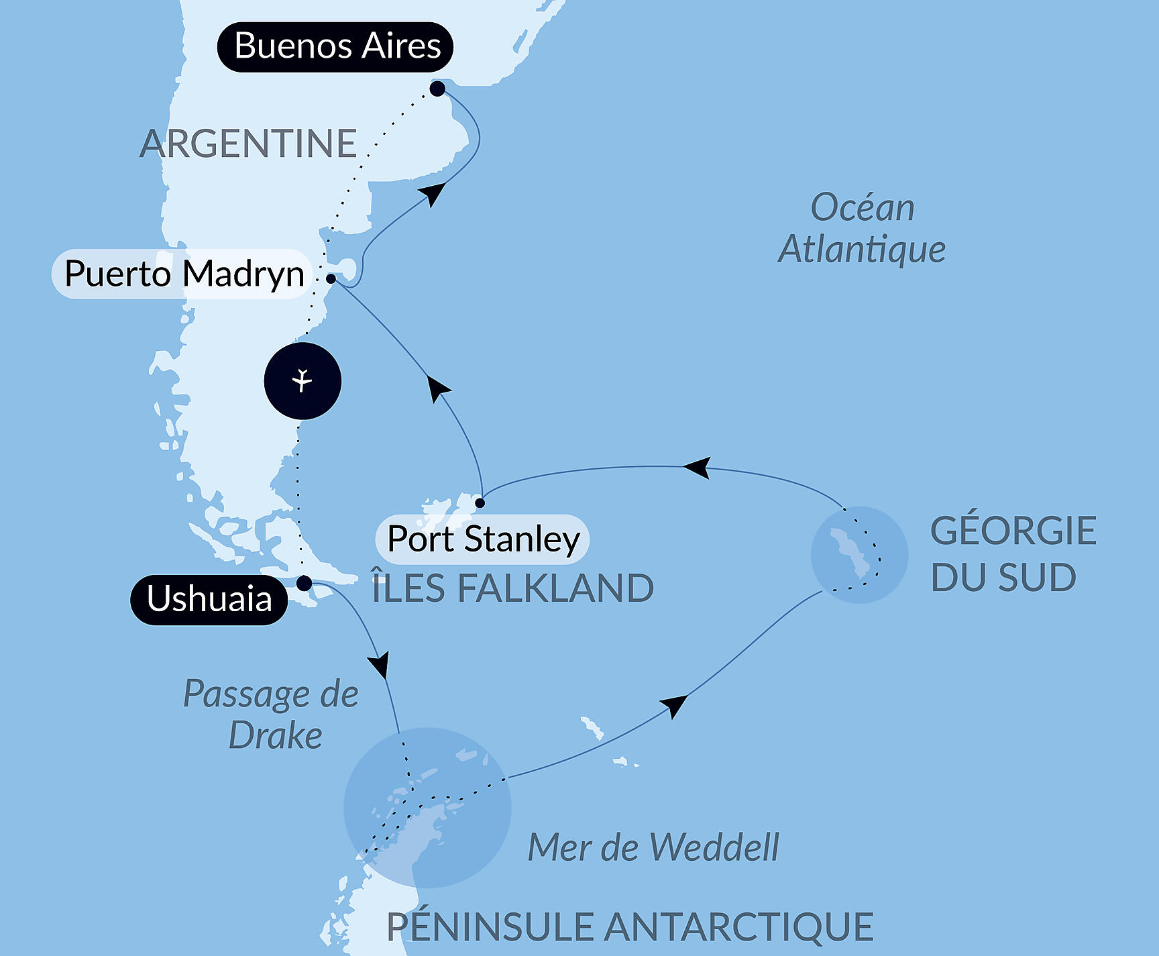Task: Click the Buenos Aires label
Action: coord(335,46)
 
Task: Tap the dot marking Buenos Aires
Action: coord(437,89)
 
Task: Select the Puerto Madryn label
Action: coord(183,274)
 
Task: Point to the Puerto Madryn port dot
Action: coord(331,278)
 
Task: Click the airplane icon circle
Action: coord(302,381)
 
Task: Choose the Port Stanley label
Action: coord(483,539)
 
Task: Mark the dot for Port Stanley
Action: coord(480,502)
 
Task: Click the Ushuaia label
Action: coord(209,599)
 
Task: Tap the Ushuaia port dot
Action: coord(304,583)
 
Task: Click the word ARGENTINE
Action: coord(248,144)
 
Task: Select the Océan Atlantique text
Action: coord(862,228)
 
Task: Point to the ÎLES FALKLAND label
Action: coord(513,588)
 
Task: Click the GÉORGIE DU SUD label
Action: coord(1013,553)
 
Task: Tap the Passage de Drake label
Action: coord(272,714)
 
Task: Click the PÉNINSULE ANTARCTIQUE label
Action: coord(630,927)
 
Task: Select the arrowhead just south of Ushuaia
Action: coord(380,666)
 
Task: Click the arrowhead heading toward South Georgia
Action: coord(674,706)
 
